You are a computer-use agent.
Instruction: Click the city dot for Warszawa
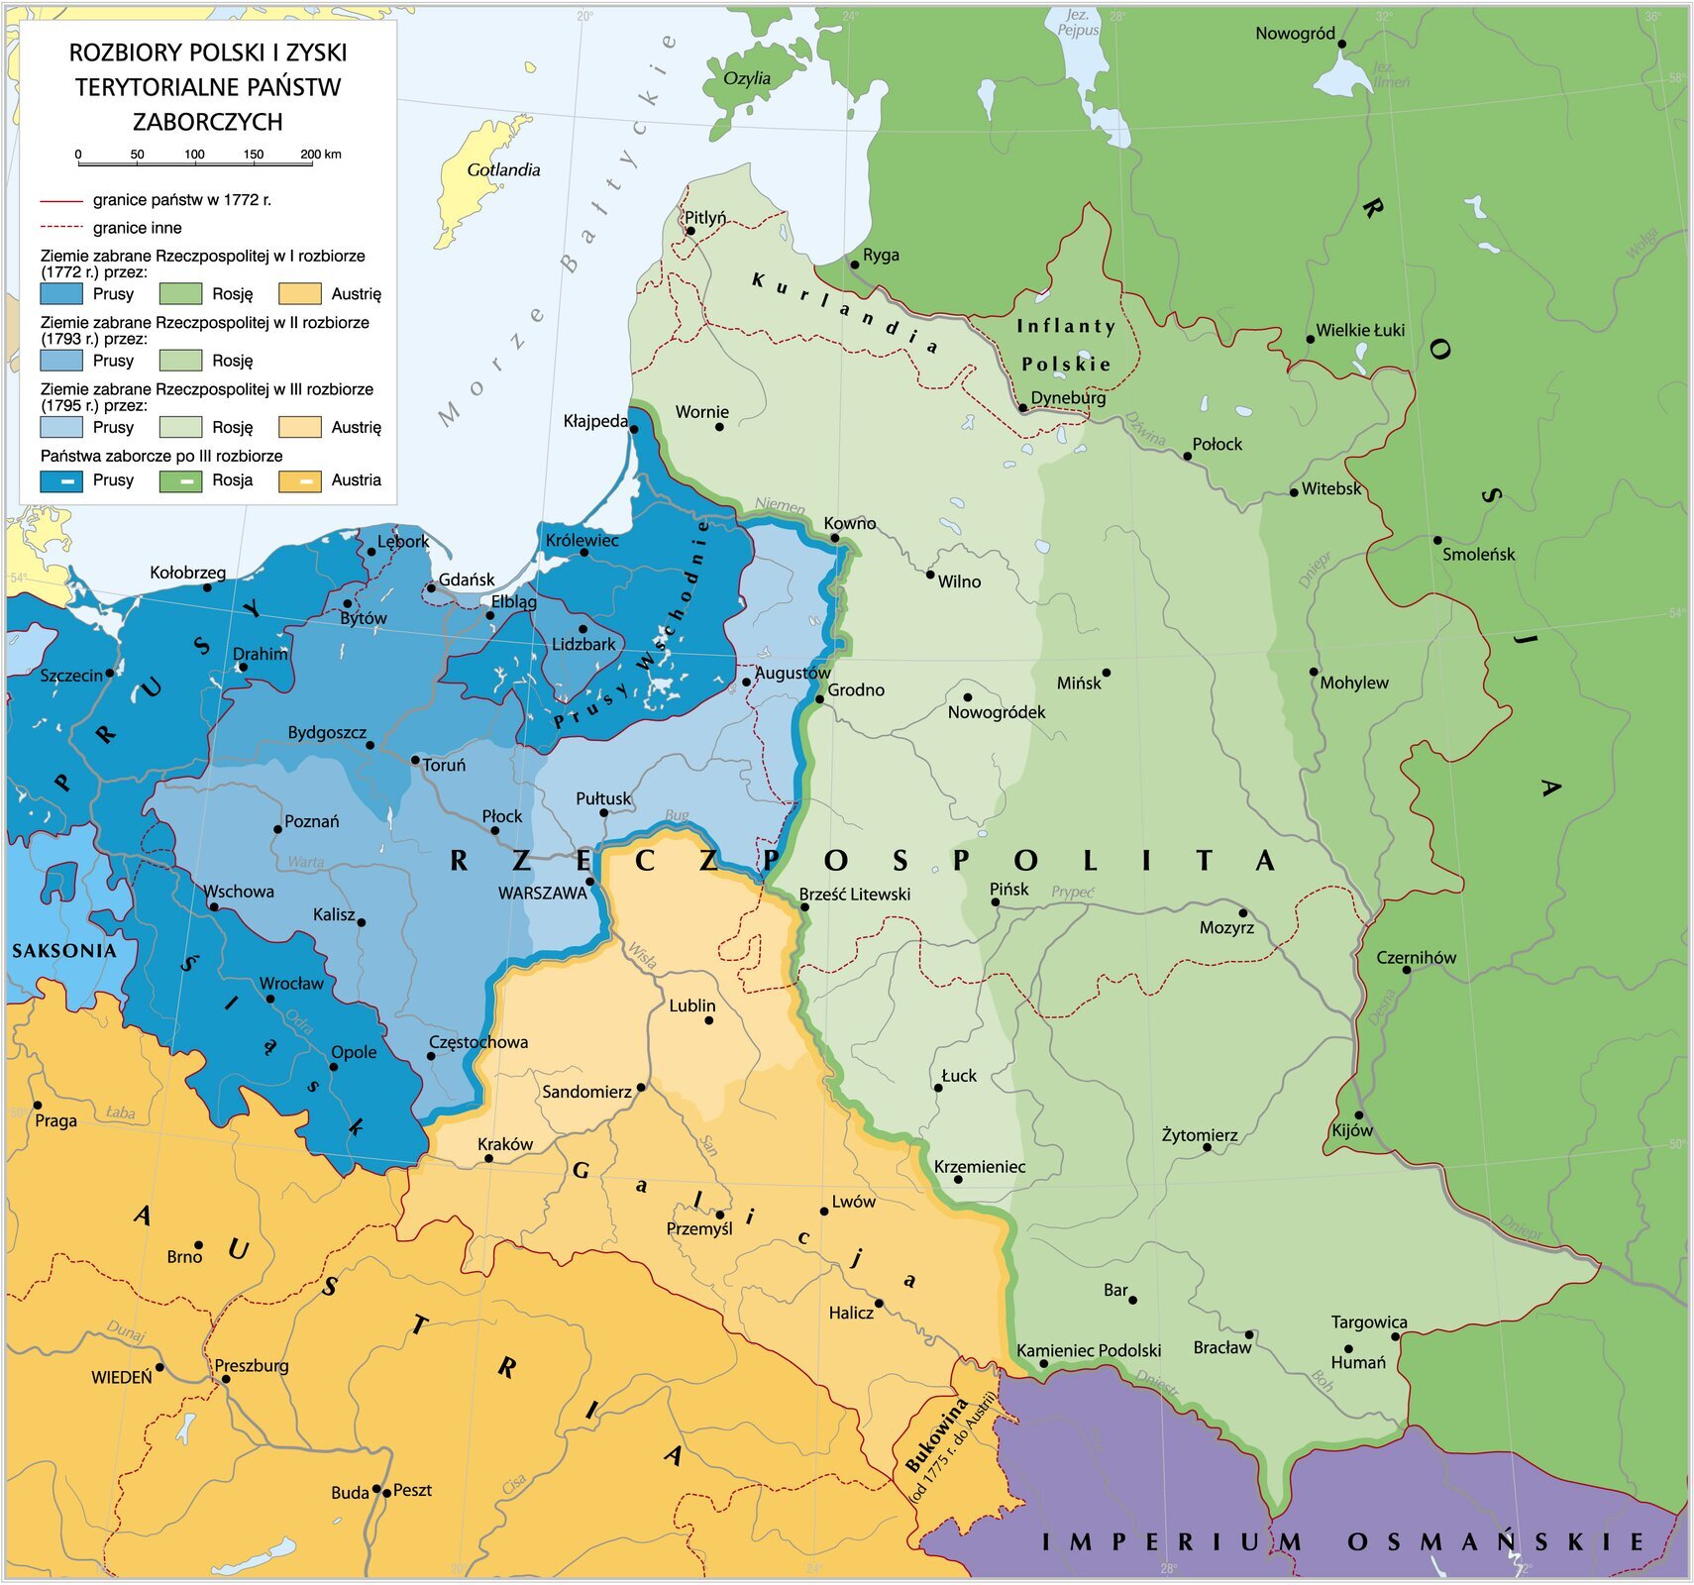point(589,881)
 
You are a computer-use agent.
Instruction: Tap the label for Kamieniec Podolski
point(1089,1350)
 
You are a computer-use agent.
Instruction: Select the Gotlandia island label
point(503,170)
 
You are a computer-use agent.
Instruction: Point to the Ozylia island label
point(747,79)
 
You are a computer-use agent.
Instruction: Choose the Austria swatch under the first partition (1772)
point(299,294)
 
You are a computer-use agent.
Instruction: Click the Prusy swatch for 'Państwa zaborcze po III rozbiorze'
point(61,480)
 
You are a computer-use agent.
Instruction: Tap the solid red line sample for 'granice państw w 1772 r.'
point(61,200)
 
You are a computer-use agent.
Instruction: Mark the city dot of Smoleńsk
point(1437,540)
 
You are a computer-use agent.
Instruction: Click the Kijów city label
point(1352,1130)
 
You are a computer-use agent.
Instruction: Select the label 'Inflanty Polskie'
point(1066,345)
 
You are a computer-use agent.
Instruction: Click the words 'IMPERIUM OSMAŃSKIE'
point(1342,1541)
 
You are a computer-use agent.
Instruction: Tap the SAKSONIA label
point(64,951)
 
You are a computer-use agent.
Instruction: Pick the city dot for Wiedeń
point(160,1367)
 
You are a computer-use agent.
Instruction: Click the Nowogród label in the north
point(1295,34)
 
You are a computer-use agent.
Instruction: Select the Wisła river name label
point(642,955)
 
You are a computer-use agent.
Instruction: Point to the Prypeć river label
point(1072,892)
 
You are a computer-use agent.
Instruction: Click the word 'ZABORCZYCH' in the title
point(208,122)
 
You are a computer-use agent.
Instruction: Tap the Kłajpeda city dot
point(634,429)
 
